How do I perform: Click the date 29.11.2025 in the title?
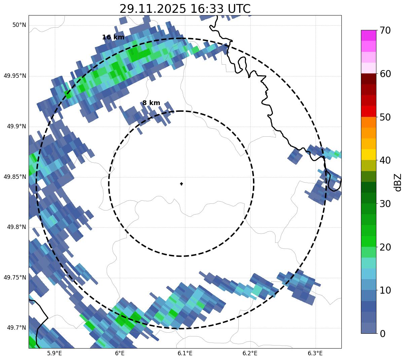tap(152, 9)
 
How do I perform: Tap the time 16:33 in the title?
tap(204, 9)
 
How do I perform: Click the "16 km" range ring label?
tap(113, 37)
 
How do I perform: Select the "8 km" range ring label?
tap(151, 103)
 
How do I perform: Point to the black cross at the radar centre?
tap(182, 184)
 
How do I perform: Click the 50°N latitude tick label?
tap(19, 25)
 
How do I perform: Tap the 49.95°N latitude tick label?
tap(15, 76)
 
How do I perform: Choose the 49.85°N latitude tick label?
tap(15, 177)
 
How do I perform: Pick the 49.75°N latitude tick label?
tap(15, 277)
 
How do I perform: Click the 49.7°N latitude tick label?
tap(16, 328)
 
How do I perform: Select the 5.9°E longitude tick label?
tap(54, 353)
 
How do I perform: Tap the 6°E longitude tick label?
tap(120, 353)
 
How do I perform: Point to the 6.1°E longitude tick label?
tap(185, 353)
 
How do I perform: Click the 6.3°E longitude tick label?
tap(315, 353)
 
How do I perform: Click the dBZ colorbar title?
tap(398, 182)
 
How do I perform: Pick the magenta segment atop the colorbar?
tap(368, 35)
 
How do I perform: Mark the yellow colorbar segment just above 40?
tap(368, 155)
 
